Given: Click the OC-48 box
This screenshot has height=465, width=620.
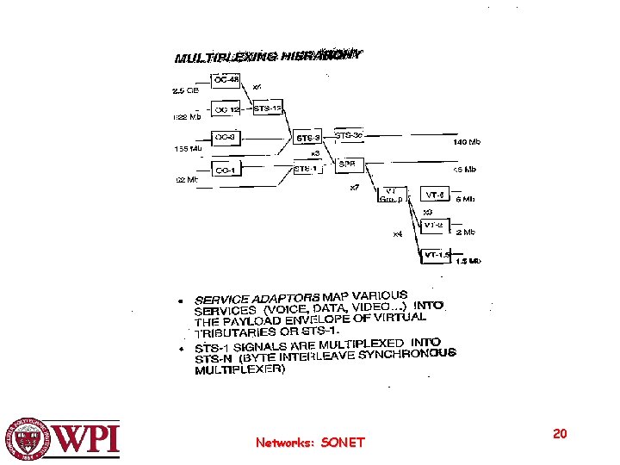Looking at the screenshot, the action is [227, 80].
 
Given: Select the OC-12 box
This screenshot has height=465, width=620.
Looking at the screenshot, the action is [227, 109].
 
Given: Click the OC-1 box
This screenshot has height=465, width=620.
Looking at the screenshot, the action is [227, 170].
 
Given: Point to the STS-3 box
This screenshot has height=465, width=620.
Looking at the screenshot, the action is [308, 138].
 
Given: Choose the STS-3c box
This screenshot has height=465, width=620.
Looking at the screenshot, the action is [349, 135].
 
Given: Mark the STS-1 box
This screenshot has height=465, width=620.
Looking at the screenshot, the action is [306, 170].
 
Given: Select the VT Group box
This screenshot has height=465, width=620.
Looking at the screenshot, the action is [390, 195].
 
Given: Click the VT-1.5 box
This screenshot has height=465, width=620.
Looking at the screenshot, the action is [437, 255].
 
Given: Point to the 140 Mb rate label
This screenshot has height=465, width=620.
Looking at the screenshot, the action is [467, 142].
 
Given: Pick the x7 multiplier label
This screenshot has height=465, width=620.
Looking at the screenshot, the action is [354, 188].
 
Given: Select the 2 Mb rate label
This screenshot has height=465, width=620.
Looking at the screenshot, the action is [466, 232].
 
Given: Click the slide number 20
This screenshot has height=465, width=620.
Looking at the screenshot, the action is [560, 434].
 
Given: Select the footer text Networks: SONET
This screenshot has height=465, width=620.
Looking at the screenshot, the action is [310, 443].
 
